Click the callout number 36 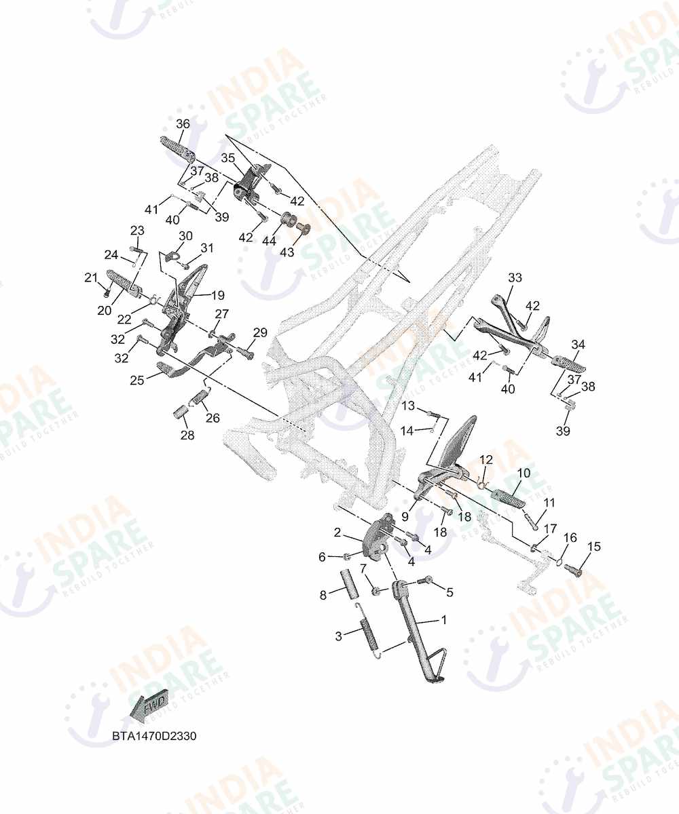click(183, 124)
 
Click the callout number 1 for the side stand click(443, 620)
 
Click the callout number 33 click(515, 278)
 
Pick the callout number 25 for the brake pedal click(137, 380)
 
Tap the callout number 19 click(218, 295)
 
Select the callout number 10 click(524, 473)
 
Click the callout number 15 click(594, 547)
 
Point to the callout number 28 click(187, 435)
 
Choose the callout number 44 click(269, 241)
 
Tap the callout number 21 click(91, 277)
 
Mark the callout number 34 click(579, 345)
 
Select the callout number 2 click(337, 532)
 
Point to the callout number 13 click(408, 406)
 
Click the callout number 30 click(186, 236)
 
